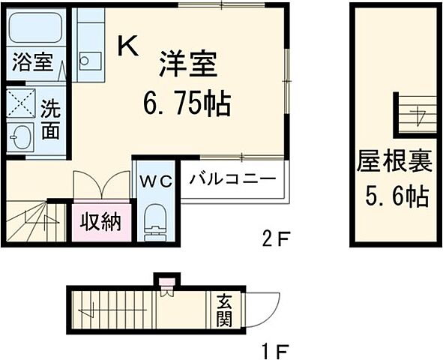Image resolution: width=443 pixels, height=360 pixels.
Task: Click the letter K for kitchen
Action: point(127,47)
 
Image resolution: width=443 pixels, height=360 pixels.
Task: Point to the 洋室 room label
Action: point(187,65)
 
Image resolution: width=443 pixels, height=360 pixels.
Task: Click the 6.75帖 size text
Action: point(187,103)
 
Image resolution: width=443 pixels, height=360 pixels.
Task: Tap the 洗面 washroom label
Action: point(51,120)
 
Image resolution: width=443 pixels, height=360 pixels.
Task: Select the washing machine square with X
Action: point(20,103)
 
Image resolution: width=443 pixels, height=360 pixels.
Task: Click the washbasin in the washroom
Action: point(20,138)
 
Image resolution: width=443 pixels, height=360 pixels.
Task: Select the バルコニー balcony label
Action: point(232,181)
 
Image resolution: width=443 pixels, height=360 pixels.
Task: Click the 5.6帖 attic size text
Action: point(396,196)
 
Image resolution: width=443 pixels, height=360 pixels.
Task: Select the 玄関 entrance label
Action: point(225,310)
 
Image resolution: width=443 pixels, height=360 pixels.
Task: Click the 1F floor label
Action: point(276,350)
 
